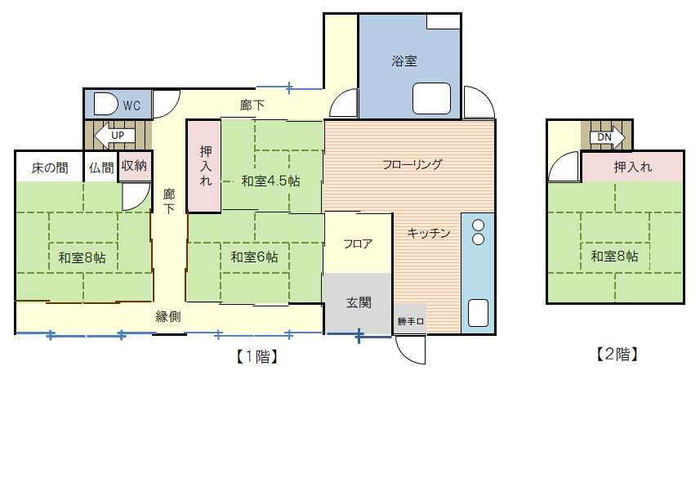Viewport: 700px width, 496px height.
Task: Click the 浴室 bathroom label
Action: (404, 60)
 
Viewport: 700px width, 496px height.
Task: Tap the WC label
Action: (132, 105)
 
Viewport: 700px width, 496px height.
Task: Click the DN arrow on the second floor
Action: (606, 136)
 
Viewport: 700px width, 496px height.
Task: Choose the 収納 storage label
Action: (134, 166)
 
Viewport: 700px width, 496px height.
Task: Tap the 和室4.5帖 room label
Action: (270, 181)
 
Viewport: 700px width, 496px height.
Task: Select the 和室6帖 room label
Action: (254, 257)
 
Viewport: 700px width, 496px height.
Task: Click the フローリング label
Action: (412, 164)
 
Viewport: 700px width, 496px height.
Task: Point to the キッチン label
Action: (429, 233)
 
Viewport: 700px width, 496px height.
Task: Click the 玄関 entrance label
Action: (359, 302)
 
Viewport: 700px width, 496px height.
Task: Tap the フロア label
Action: (358, 244)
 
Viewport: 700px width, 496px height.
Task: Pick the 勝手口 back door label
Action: (411, 321)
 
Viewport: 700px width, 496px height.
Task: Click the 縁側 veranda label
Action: (168, 316)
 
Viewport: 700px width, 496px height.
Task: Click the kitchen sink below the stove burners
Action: (478, 313)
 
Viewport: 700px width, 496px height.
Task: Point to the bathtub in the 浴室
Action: (432, 99)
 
